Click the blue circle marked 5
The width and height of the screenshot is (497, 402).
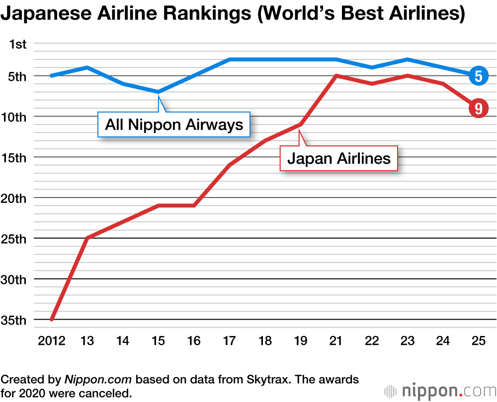[x=478, y=76]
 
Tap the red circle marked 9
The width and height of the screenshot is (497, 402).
[x=478, y=108]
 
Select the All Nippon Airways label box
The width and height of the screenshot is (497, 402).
[x=174, y=124]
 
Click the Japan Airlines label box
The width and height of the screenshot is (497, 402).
[x=339, y=158]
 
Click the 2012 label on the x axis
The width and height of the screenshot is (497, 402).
[x=51, y=341]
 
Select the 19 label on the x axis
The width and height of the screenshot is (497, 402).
[x=300, y=341]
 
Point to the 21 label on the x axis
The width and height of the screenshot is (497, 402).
[x=336, y=341]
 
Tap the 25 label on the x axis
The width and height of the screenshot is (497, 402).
[x=478, y=341]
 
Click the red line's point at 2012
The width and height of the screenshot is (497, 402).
[x=52, y=320]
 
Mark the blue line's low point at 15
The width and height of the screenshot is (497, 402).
[x=159, y=92]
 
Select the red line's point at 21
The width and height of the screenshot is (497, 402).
[x=336, y=75]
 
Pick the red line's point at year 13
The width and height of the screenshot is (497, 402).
[x=87, y=238]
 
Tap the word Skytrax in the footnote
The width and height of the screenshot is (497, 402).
[x=269, y=380]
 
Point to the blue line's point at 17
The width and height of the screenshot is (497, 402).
[x=230, y=60]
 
